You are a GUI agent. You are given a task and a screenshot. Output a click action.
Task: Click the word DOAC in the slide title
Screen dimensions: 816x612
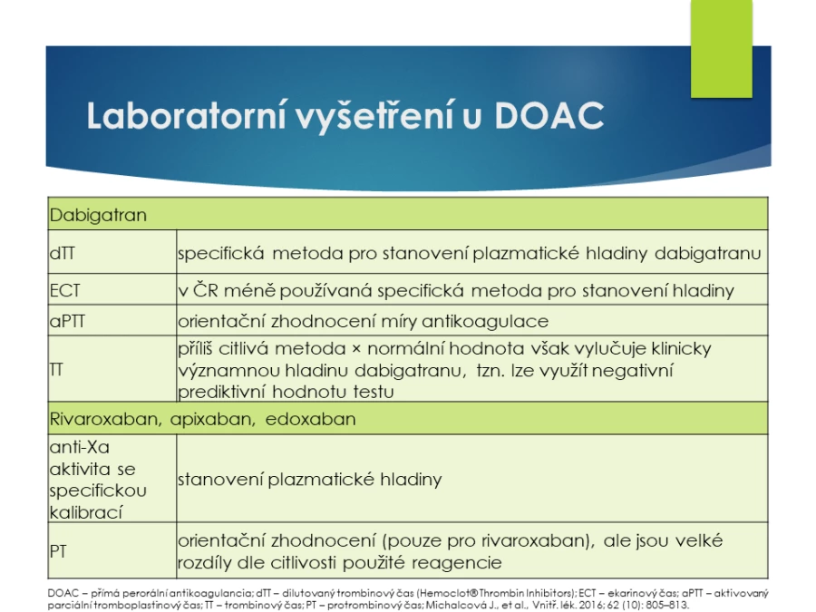pyautogui.click(x=549, y=115)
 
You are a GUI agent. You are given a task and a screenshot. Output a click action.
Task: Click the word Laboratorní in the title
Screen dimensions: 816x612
pyautogui.click(x=186, y=115)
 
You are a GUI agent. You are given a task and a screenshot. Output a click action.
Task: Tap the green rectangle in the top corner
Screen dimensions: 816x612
pyautogui.click(x=722, y=48)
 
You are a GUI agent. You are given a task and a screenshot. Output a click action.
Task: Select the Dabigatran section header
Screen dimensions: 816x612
pyautogui.click(x=98, y=215)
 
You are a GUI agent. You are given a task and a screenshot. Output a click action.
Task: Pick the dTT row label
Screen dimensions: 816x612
pyautogui.click(x=62, y=253)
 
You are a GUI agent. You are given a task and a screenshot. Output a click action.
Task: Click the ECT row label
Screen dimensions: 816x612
pyautogui.click(x=65, y=290)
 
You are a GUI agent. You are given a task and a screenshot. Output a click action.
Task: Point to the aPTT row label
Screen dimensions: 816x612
pyautogui.click(x=67, y=321)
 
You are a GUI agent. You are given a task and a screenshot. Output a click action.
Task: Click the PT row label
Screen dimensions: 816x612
pyautogui.click(x=58, y=551)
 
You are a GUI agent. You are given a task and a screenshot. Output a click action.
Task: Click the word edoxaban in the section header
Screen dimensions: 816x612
pyautogui.click(x=311, y=419)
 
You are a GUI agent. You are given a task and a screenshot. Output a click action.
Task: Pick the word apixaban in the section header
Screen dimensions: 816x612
pyautogui.click(x=213, y=420)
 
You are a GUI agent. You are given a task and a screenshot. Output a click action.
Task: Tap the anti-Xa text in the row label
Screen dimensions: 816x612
pyautogui.click(x=80, y=447)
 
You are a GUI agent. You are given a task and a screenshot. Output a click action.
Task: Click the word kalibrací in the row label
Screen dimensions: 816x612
pyautogui.click(x=86, y=512)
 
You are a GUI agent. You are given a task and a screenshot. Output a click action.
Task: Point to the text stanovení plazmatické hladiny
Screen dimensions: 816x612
pyautogui.click(x=310, y=480)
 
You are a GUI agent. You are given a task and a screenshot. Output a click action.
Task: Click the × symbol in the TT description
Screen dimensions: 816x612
pyautogui.click(x=356, y=349)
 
